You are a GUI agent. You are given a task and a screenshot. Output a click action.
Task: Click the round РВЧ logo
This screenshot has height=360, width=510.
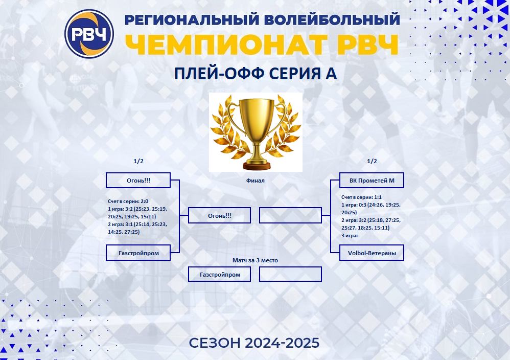click(89, 34)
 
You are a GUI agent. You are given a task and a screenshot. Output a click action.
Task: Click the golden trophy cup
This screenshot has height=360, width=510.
click(256, 132)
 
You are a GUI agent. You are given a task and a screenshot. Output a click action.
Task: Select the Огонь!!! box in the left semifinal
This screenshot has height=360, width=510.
click(138, 181)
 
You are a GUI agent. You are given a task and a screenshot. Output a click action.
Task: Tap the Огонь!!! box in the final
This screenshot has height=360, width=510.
click(220, 215)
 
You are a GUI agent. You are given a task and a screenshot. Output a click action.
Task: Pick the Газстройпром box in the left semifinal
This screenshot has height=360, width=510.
click(138, 253)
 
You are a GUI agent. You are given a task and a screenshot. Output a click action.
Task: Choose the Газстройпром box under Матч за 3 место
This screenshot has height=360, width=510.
click(220, 275)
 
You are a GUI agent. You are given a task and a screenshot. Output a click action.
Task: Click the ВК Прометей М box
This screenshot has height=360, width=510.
click(372, 181)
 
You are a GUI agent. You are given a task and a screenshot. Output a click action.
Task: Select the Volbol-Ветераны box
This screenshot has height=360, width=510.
click(372, 253)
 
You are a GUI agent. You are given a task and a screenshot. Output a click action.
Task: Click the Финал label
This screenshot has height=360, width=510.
click(256, 181)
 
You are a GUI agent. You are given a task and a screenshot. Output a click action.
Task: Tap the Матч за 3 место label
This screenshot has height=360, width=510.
click(256, 260)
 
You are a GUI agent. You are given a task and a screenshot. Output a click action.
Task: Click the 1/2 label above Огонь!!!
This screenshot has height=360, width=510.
click(138, 161)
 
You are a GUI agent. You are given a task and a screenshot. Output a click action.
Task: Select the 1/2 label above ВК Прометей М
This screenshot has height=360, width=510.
click(372, 161)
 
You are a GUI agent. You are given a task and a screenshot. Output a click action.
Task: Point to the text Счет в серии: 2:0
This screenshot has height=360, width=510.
click(128, 201)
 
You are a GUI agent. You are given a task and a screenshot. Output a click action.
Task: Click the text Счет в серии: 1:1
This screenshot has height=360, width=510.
click(361, 197)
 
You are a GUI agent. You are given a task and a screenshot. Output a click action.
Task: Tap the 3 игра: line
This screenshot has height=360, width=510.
click(350, 236)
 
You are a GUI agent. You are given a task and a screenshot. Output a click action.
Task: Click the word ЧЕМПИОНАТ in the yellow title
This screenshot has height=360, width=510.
click(227, 44)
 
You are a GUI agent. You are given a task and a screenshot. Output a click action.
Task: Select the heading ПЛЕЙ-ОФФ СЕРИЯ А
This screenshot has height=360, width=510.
click(256, 74)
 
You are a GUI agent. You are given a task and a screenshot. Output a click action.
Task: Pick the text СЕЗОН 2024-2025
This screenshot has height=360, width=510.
click(254, 343)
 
